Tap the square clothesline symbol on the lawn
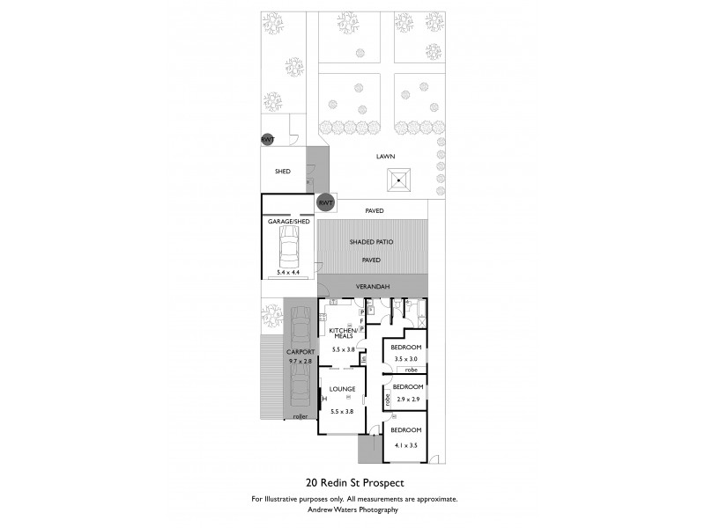399,182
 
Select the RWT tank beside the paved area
326,203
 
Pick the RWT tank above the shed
267,139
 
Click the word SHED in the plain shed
282,171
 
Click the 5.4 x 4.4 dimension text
289,274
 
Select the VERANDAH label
372,288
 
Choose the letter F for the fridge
361,320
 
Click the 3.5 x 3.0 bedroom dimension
407,359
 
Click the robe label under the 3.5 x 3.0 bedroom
412,370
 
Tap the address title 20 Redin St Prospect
354,483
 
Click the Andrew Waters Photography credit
353,510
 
